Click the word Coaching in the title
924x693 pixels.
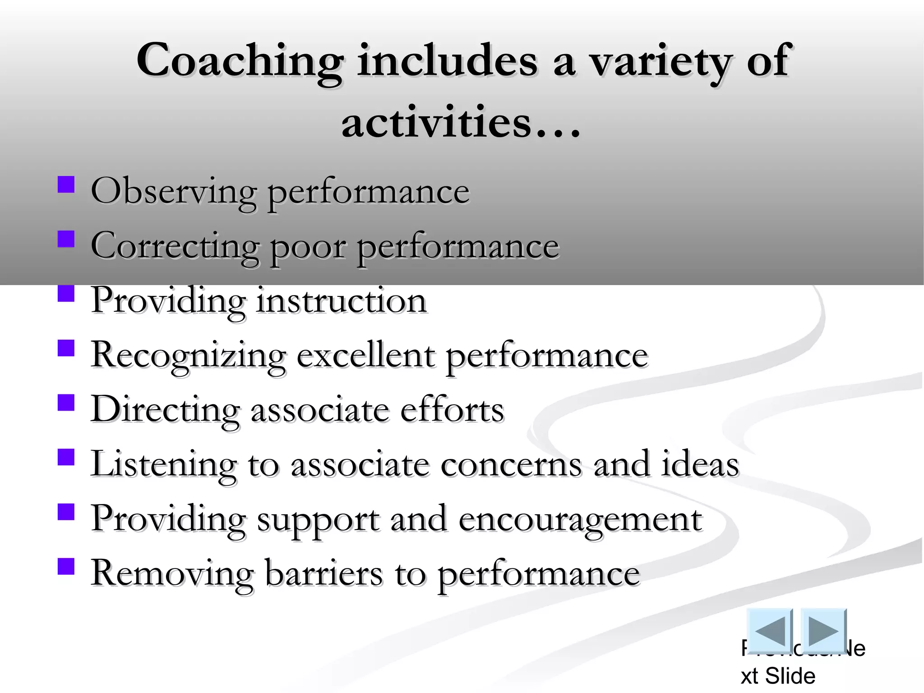(x=240, y=61)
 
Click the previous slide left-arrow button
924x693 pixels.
(x=769, y=630)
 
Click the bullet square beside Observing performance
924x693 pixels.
(x=66, y=185)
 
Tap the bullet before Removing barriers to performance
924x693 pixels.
(x=66, y=566)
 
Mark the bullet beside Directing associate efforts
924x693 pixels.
(x=66, y=402)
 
